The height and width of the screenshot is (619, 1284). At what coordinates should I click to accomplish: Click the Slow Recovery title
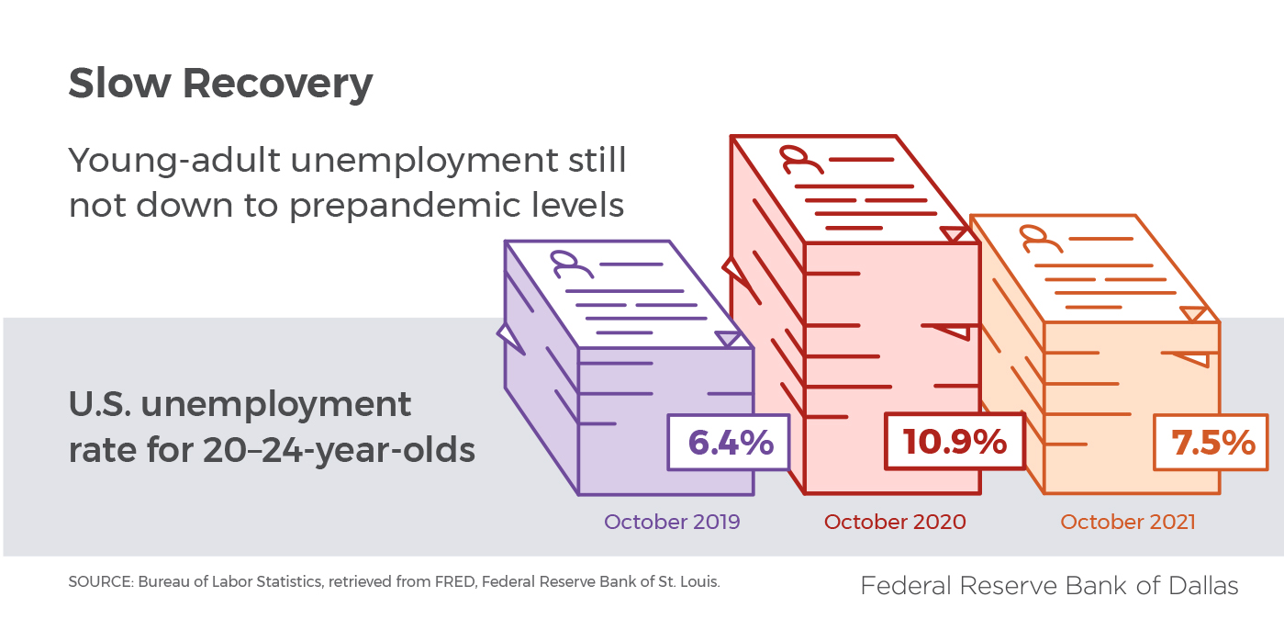[220, 84]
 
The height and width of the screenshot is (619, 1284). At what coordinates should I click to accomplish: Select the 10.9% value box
[955, 443]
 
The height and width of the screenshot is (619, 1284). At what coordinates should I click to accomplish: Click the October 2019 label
[672, 523]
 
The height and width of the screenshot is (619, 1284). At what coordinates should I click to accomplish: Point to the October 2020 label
[895, 523]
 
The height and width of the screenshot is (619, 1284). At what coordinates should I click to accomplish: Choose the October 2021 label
[1128, 523]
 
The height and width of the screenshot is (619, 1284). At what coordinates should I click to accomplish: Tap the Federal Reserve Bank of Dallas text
[1049, 585]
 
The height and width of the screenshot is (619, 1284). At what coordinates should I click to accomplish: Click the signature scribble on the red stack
[798, 161]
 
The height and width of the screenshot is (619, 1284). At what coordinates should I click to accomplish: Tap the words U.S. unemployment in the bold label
[240, 404]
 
